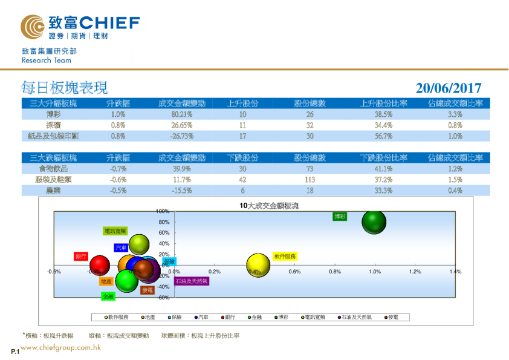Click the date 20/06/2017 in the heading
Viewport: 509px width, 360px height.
click(x=449, y=88)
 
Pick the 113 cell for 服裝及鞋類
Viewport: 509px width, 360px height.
click(x=310, y=180)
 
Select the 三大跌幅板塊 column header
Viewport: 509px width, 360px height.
click(x=53, y=158)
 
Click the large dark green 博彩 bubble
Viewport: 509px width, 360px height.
click(x=374, y=222)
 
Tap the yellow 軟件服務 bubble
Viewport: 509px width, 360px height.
click(x=258, y=264)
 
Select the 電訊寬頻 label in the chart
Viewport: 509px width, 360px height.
click(x=115, y=231)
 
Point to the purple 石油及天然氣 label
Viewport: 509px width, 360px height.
click(x=192, y=281)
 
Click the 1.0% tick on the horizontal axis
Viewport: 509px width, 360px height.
click(x=375, y=272)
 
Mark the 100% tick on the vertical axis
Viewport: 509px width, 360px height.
click(x=162, y=211)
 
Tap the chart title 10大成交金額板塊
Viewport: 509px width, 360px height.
click(x=269, y=206)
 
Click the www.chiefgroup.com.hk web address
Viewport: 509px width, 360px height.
click(x=60, y=348)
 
